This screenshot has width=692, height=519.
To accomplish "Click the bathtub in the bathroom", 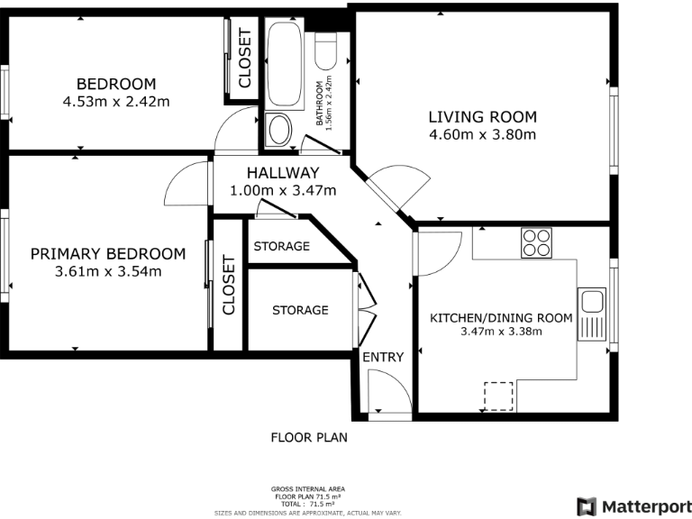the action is (x=285, y=64).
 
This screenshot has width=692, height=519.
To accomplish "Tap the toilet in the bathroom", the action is (x=326, y=52).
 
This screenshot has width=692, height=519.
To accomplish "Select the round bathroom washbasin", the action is (x=279, y=130).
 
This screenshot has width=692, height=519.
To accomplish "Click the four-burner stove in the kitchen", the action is (x=536, y=242).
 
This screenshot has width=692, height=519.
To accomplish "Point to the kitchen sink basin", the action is (x=591, y=303).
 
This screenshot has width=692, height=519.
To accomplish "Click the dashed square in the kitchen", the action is (x=498, y=396).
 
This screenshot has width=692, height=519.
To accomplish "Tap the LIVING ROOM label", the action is (x=483, y=117).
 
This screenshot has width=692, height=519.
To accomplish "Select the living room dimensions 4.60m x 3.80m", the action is (x=483, y=134).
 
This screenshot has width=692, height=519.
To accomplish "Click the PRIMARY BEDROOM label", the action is (x=108, y=254).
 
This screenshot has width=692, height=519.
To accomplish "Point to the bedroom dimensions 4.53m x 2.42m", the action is (x=116, y=102).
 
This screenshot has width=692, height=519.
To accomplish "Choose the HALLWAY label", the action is (x=283, y=173).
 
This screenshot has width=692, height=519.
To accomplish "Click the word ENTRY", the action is (x=383, y=357).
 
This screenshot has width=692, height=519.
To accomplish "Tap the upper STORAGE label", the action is (x=281, y=246).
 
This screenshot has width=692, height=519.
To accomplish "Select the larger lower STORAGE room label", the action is (x=300, y=310).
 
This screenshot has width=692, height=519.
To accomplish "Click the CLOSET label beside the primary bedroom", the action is (x=229, y=285).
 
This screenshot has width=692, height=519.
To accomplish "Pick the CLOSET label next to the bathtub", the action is (x=244, y=58).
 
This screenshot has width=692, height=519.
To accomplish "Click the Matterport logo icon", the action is (x=587, y=506).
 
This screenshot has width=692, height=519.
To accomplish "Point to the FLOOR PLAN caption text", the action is (x=309, y=437).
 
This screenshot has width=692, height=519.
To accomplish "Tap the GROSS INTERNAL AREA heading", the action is (x=308, y=489).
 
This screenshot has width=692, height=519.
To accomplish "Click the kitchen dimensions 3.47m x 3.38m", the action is (x=501, y=332).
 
